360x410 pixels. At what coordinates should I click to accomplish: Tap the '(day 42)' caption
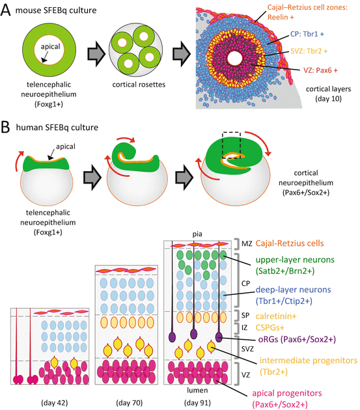click(x=49, y=398)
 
